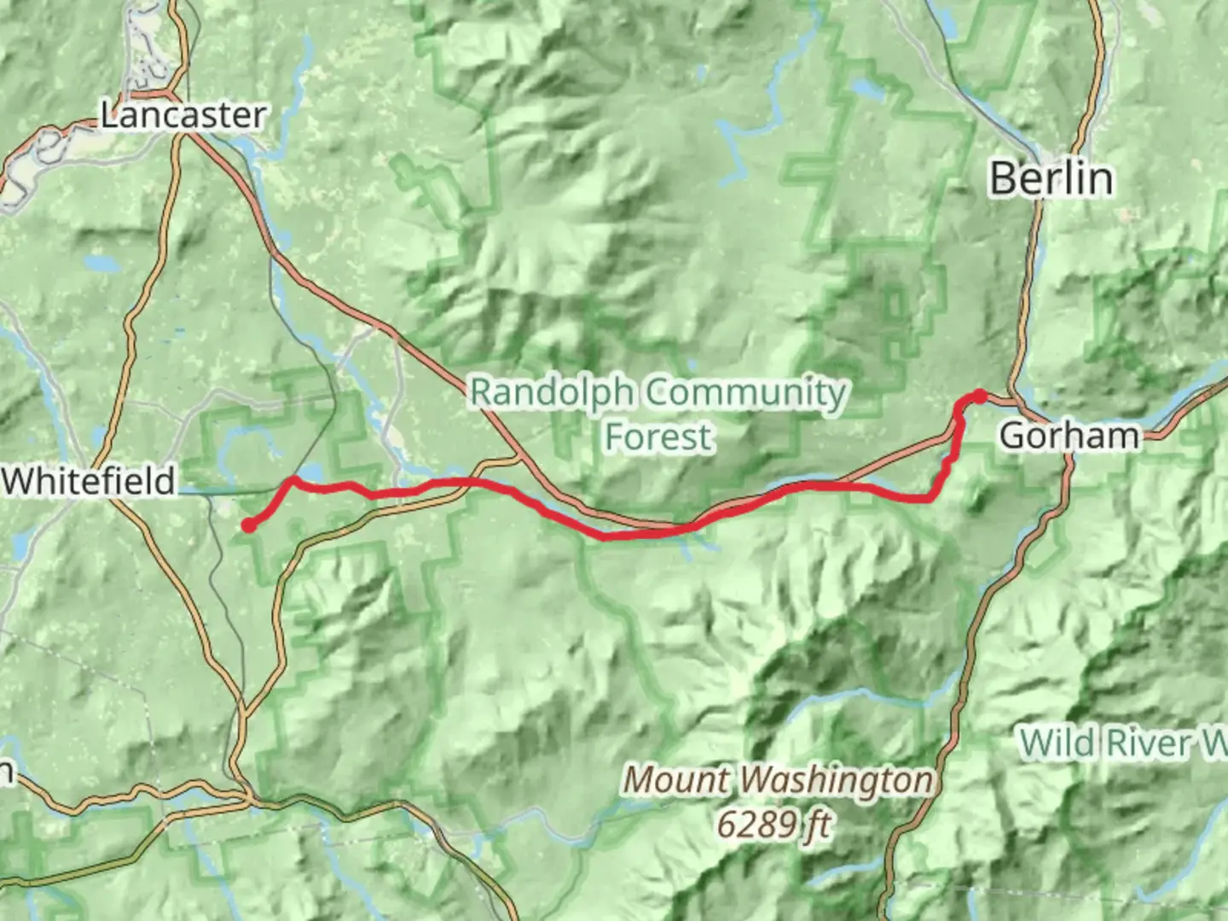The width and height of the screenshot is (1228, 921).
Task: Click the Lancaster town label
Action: click(x=183, y=116)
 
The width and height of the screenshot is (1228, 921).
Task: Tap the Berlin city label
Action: click(x=1051, y=179)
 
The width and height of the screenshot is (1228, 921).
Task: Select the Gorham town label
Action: click(x=1069, y=436)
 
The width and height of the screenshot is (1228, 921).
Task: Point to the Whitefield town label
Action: click(x=89, y=482)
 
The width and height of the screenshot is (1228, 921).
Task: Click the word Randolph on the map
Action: click(x=552, y=393)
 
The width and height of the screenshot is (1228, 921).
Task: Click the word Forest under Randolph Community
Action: click(x=658, y=437)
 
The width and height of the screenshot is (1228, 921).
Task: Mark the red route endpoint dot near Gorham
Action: click(x=980, y=397)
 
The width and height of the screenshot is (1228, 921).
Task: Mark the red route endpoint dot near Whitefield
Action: click(x=248, y=525)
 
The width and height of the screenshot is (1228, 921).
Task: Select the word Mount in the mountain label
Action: click(x=676, y=779)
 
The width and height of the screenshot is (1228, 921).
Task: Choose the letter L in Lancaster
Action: click(x=108, y=116)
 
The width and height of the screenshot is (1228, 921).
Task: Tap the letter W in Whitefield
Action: click(x=17, y=482)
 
